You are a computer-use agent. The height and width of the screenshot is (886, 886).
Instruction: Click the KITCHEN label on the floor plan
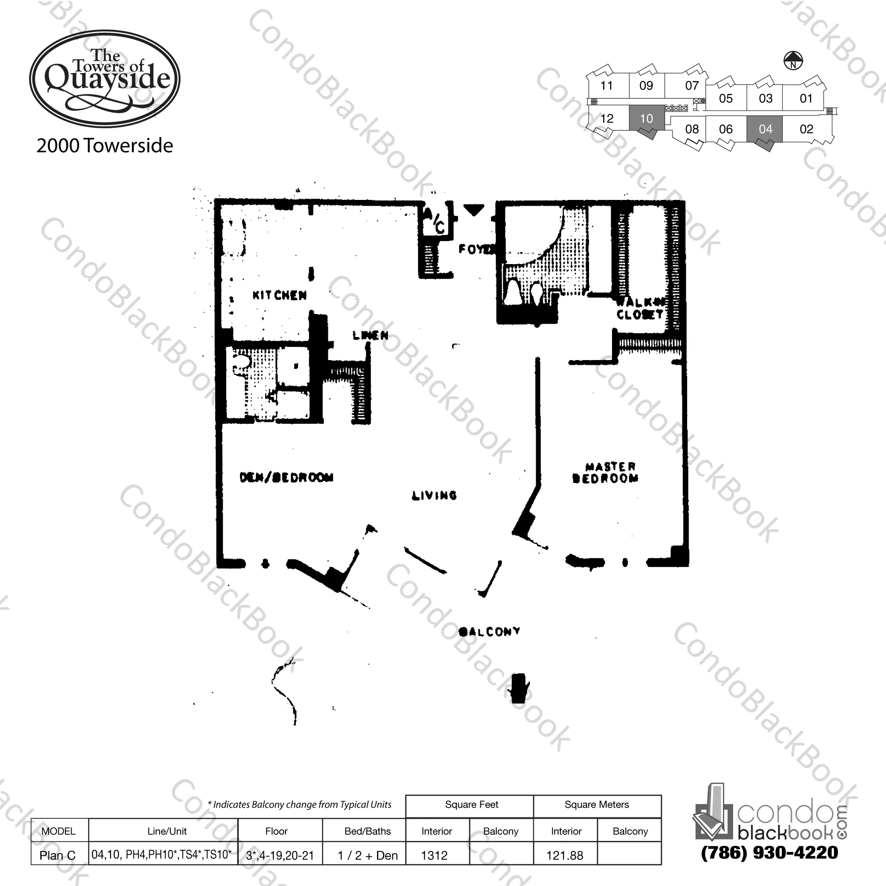pyautogui.click(x=279, y=295)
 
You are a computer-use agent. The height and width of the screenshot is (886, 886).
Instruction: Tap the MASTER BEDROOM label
pyautogui.click(x=606, y=473)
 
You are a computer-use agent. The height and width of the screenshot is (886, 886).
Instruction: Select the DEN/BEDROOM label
pyautogui.click(x=287, y=477)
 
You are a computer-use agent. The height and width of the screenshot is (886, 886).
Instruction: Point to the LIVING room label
pyautogui.click(x=434, y=495)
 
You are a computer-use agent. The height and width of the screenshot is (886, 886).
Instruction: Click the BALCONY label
pyautogui.click(x=489, y=632)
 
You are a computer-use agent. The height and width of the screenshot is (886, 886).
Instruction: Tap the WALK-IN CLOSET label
pyautogui.click(x=640, y=308)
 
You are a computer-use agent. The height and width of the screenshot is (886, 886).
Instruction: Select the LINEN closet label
pyautogui.click(x=371, y=336)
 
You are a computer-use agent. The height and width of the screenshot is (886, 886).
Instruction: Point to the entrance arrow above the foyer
pyautogui.click(x=473, y=210)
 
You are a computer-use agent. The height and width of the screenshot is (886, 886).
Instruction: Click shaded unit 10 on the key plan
pyautogui.click(x=646, y=119)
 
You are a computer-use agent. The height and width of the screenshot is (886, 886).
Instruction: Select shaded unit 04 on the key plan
pyautogui.click(x=765, y=129)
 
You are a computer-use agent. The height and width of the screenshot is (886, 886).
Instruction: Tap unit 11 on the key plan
pyautogui.click(x=606, y=86)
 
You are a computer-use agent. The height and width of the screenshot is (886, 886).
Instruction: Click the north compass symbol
pyautogui.click(x=793, y=61)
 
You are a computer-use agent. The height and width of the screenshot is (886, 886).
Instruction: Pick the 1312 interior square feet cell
pyautogui.click(x=434, y=856)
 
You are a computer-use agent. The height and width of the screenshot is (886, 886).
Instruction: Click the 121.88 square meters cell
pyautogui.click(x=565, y=856)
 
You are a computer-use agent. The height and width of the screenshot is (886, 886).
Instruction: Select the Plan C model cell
pyautogui.click(x=58, y=856)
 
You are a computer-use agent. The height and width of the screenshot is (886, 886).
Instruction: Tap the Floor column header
pyautogui.click(x=276, y=831)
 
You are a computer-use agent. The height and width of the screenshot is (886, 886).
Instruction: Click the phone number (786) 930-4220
pyautogui.click(x=769, y=853)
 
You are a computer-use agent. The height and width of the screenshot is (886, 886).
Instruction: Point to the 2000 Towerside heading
pyautogui.click(x=105, y=146)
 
